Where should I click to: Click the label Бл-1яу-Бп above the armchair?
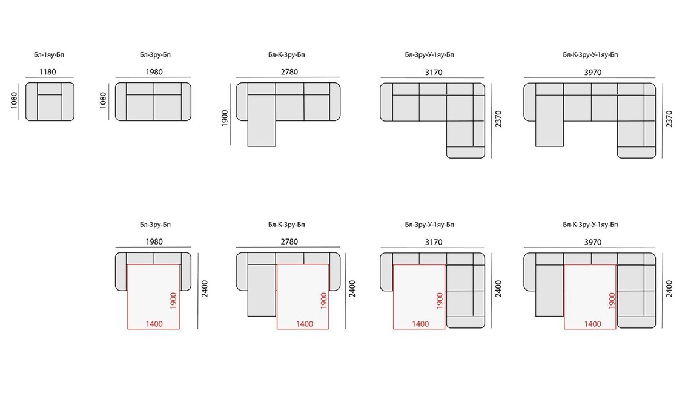coord(48,55)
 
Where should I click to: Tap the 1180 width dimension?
coord(47,72)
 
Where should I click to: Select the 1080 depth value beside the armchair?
coord(14,100)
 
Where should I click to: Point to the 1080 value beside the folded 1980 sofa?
coord(103,100)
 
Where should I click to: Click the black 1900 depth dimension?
coord(225,119)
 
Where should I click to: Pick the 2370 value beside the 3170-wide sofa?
coord(498,119)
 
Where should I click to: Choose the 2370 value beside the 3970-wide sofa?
coord(669,119)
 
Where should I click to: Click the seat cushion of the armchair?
coord(50,107)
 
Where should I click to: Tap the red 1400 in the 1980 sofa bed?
coord(154,324)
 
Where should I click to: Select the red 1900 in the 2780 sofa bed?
coord(324,301)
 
